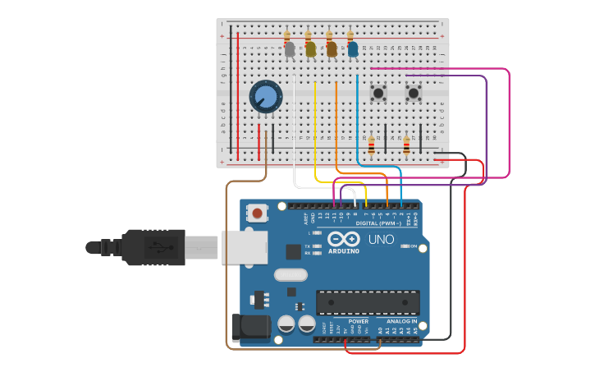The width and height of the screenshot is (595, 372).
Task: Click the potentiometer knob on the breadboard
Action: [266, 97]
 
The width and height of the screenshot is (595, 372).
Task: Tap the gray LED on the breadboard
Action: [289, 50]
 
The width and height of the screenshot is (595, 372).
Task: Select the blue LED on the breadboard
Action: [353, 50]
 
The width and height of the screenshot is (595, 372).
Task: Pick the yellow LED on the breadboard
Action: [310, 50]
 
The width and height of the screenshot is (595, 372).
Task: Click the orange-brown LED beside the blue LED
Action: [332, 50]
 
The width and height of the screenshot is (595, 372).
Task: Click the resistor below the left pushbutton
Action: [371, 145]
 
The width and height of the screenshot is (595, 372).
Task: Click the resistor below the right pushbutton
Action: [406, 145]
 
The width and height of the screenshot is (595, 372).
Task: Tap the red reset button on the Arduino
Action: [258, 214]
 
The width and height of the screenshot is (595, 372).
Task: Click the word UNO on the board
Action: [381, 240]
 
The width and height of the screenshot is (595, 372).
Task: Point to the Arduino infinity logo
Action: [343, 239]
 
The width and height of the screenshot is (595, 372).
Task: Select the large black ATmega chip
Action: [367, 302]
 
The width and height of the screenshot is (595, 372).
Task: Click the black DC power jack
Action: [249, 327]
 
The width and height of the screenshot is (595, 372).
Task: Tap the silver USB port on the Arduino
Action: [244, 246]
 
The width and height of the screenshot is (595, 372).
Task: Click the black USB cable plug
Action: [148, 246]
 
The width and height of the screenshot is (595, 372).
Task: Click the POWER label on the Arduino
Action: [358, 321]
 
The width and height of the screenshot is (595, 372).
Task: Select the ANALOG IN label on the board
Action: [396, 321]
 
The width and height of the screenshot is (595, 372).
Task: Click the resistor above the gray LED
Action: [287, 36]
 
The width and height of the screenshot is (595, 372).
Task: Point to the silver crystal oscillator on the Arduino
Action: [291, 275]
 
